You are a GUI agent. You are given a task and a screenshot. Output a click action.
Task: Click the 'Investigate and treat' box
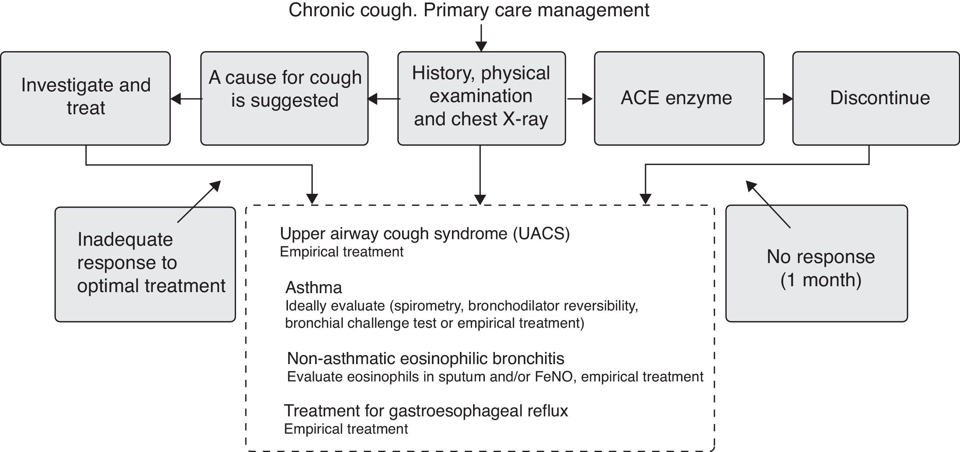coord(85,98)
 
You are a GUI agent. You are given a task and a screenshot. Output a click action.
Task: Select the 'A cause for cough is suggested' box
coord(284,98)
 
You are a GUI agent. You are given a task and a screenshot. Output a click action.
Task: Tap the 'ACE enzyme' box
coord(679,98)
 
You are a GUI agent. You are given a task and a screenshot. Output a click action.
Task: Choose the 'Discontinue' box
coord(876,98)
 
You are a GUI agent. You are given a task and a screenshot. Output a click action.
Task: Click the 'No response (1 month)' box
coord(816,263)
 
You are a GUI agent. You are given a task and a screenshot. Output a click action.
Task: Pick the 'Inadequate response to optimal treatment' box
coord(145,264)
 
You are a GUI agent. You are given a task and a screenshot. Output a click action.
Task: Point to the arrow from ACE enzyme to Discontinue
coord(778,99)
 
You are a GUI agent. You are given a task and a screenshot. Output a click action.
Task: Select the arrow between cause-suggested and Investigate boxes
coord(186,99)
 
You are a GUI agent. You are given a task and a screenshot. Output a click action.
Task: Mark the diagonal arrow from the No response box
coord(768,204)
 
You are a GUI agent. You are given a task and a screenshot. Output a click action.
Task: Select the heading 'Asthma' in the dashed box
coord(314,287)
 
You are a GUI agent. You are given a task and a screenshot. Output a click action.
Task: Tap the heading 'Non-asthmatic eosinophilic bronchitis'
coord(425,359)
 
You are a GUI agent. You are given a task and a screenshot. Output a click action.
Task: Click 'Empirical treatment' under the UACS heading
coord(341,252)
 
